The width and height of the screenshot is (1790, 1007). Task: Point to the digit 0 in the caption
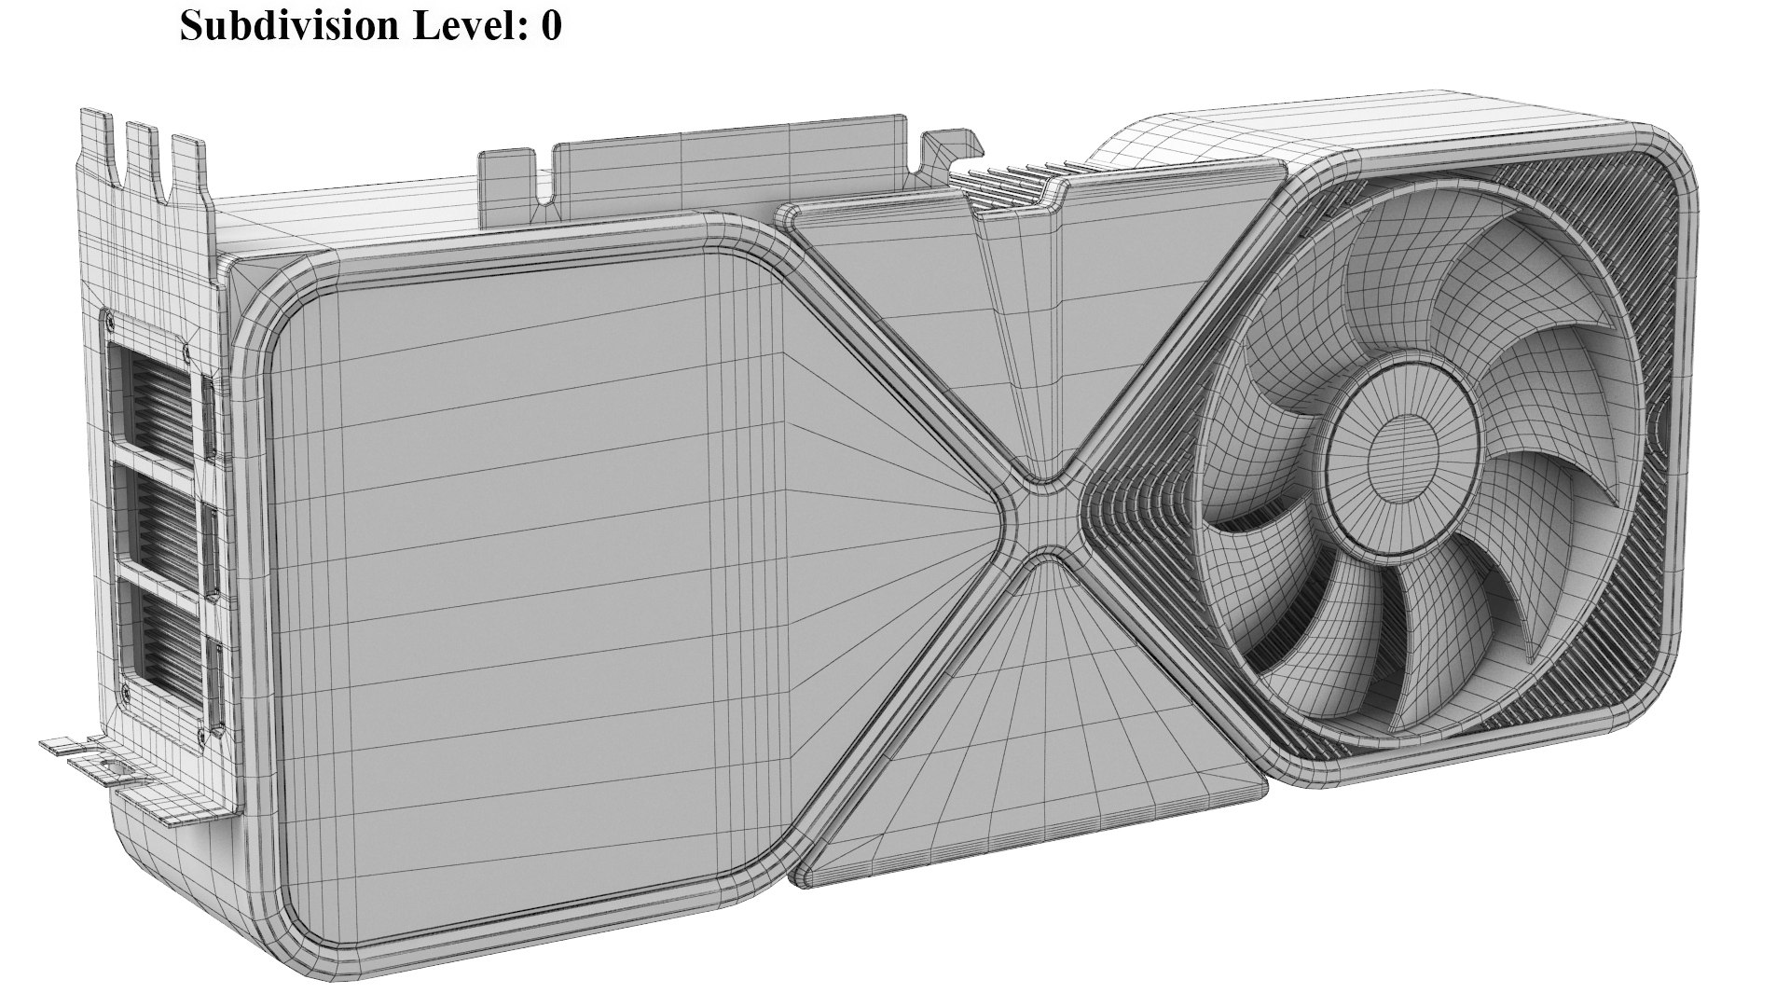click(551, 25)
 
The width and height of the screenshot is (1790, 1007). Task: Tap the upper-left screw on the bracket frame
click(111, 322)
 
